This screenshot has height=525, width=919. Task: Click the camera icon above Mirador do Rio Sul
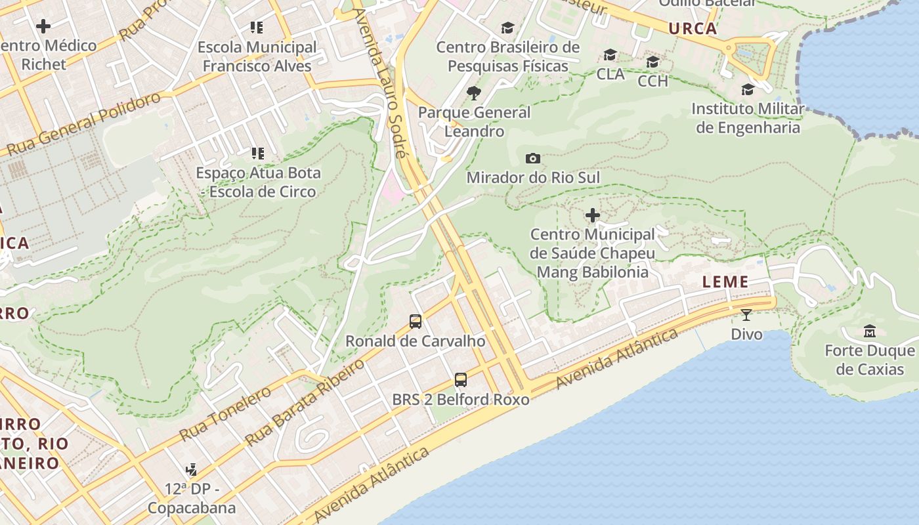point(533,158)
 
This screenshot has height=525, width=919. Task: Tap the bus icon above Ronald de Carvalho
point(416,322)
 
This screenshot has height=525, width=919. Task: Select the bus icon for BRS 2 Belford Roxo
point(461,380)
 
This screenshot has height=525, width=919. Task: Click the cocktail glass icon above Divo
point(746,315)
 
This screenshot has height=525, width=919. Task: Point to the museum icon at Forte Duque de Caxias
point(870,331)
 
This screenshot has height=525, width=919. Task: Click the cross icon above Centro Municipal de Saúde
point(593,215)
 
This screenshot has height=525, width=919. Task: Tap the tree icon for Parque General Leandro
point(473,93)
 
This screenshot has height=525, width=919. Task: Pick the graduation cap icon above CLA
point(610,54)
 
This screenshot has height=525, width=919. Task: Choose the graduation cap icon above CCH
point(652,62)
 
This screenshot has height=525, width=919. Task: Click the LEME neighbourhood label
point(725,282)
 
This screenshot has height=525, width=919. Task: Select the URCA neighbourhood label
point(693,29)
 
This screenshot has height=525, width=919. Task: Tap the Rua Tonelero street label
point(225,413)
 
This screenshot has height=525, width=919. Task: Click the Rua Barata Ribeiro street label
point(305,402)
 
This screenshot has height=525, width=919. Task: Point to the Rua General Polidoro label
point(84,125)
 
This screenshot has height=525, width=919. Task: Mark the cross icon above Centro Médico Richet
point(43,26)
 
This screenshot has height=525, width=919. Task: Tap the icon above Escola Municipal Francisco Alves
point(257,28)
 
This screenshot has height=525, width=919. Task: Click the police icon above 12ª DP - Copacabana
point(191,469)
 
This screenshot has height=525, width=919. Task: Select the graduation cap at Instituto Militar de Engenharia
point(748,89)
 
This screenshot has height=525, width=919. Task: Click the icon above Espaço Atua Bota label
point(257,154)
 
